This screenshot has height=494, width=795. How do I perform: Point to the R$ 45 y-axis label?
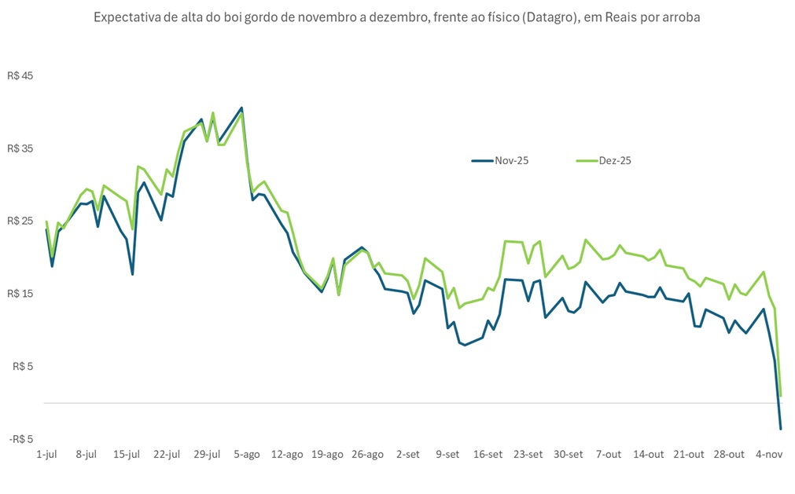point(21,76)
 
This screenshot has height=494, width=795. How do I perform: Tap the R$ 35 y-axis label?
point(21,148)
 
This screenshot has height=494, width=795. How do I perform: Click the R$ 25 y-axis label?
point(21,221)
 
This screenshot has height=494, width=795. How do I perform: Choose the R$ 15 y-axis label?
point(21,294)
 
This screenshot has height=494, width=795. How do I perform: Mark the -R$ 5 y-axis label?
point(21,439)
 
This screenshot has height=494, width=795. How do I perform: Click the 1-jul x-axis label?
point(46,454)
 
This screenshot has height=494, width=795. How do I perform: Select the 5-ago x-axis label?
point(247,454)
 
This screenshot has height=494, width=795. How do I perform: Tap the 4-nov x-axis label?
point(768,454)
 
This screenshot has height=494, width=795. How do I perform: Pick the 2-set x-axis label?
point(408,454)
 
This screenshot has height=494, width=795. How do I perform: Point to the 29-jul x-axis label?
point(208,454)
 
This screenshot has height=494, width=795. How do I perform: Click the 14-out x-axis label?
point(649,454)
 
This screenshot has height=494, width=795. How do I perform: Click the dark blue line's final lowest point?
point(780,428)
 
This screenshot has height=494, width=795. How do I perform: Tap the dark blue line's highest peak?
point(241,108)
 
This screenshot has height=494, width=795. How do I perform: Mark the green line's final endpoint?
point(780,395)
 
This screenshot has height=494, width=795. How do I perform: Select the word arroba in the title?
point(681,16)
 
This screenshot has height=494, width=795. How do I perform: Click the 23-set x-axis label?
point(528,454)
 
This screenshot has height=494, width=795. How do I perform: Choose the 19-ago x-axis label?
point(327,454)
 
